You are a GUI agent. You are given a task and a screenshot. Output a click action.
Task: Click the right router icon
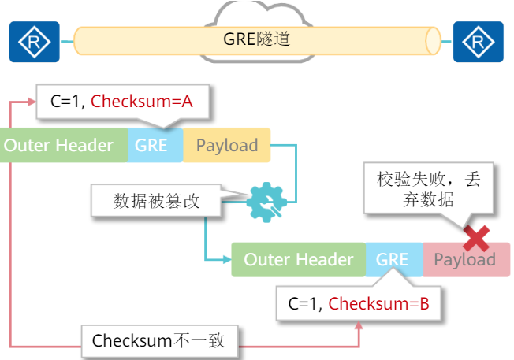[478, 42]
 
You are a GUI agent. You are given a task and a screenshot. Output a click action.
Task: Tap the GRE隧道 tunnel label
[257, 38]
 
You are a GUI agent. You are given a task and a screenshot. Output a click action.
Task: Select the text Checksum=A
[142, 102]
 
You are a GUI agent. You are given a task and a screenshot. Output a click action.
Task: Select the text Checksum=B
[378, 303]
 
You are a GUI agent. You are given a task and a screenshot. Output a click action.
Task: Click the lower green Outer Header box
[298, 260]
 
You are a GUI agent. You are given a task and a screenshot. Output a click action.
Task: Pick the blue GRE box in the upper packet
[151, 146]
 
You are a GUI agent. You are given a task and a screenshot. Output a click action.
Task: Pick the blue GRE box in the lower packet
[393, 260]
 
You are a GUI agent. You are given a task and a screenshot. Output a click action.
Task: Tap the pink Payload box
[465, 260]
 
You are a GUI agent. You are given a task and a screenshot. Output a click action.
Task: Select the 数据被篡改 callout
[157, 201]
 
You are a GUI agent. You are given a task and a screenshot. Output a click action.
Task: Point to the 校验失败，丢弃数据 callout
[428, 189]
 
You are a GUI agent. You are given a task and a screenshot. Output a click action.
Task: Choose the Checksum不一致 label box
[158, 341]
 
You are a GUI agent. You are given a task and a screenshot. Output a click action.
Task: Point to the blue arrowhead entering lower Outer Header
[227, 260]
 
